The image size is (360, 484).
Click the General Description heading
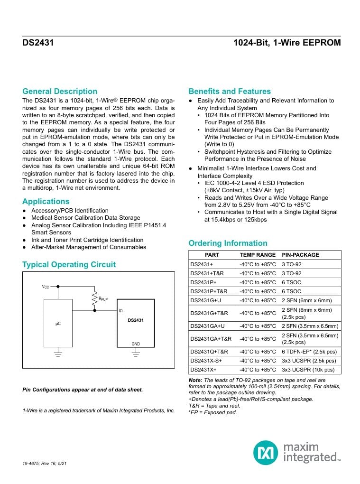tap(60, 91)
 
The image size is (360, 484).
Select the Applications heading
tap(46, 201)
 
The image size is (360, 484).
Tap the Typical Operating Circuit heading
tap(69, 264)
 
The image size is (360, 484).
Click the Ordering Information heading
tap(228, 243)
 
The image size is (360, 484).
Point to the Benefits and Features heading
tap(230, 91)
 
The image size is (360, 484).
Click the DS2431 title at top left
tap(38, 43)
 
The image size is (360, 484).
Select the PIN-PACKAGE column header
tap(300, 255)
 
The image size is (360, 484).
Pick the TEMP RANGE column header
tap(258, 255)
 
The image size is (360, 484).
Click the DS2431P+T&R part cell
tap(209, 291)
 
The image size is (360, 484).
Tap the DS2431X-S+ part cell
tap(206, 361)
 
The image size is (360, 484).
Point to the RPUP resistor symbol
tap(95, 298)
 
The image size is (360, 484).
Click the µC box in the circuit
tap(58, 324)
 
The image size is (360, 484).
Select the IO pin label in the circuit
tap(120, 310)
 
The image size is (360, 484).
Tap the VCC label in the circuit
tap(46, 287)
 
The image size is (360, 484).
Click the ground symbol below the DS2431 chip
tap(136, 354)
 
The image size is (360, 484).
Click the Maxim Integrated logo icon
tap(266, 452)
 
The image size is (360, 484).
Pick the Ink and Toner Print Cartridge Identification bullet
tap(87, 240)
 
